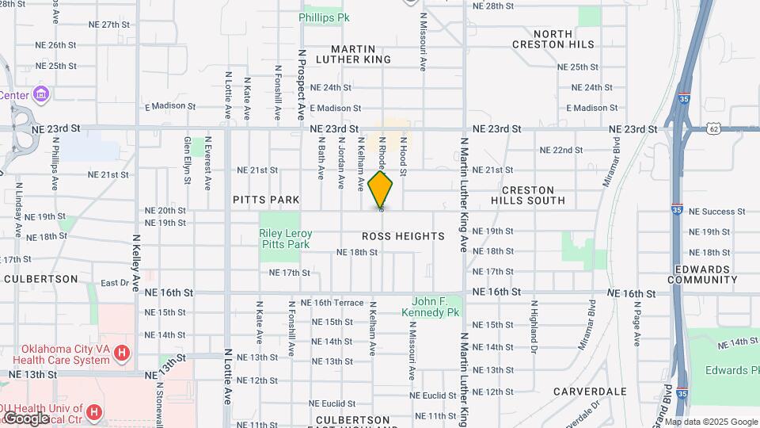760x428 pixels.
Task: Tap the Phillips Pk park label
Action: point(325,17)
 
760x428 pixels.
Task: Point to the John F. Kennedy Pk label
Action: point(435,307)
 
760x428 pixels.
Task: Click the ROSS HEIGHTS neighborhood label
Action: point(403,236)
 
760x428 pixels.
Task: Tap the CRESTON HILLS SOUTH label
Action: point(534,195)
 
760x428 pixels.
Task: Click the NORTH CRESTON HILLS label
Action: point(564,39)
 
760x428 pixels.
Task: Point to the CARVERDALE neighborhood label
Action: point(590,392)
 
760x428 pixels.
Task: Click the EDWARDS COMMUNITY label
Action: point(702,274)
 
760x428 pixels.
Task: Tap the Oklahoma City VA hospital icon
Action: point(121,353)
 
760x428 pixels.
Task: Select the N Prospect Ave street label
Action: point(302,86)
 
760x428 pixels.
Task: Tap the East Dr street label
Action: point(115,283)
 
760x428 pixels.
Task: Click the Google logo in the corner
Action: point(25,418)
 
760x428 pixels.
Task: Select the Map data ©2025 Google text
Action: point(711,422)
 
